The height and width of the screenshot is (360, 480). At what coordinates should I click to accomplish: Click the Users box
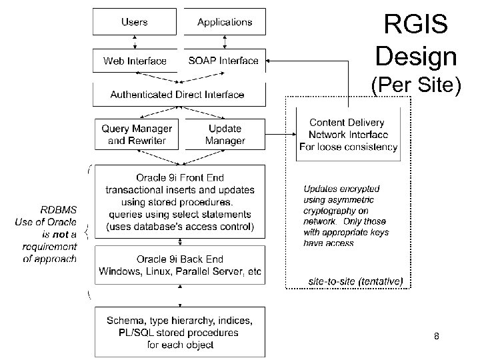[x=135, y=22]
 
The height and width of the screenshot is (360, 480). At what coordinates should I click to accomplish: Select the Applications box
[x=225, y=22]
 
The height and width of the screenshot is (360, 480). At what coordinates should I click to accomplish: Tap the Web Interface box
[x=135, y=61]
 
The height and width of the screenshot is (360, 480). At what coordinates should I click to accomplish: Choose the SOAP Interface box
[x=223, y=61]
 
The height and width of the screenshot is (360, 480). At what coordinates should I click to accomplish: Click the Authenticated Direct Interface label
[x=177, y=95]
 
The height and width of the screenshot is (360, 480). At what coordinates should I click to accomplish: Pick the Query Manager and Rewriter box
[x=136, y=134]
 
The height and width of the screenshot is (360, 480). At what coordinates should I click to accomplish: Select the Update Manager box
[x=225, y=134]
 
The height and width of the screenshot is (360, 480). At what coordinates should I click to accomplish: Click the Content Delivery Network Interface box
[x=348, y=135]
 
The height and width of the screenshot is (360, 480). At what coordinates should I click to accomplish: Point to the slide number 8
[x=436, y=337]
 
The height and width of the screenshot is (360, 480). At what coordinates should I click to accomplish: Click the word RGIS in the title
[x=416, y=25]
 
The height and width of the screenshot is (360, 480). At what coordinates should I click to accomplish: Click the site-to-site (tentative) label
[x=355, y=281]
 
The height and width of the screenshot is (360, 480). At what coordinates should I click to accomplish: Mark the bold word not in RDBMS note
[x=61, y=234]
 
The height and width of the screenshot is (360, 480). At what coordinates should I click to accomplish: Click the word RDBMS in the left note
[x=59, y=210]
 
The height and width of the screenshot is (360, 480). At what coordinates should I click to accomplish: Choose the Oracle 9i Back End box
[x=179, y=265]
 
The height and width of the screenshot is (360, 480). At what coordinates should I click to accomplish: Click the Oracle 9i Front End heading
[x=180, y=178]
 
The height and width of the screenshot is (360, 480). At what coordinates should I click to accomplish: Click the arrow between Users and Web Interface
[x=135, y=42]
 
